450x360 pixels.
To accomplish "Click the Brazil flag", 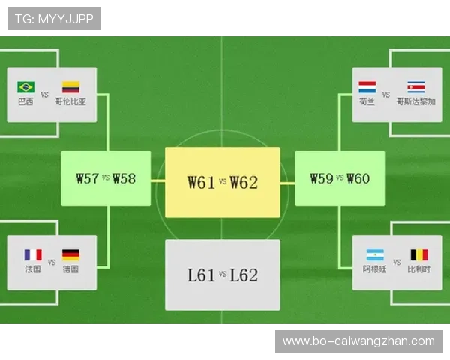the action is pos(25,87).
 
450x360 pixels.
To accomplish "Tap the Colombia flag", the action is pos(71,87).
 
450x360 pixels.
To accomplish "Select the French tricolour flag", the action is pos(33,255).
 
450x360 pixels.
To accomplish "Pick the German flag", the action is pos(71,255).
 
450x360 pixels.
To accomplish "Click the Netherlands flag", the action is pos(367,87).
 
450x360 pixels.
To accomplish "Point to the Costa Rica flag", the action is pos(416,87).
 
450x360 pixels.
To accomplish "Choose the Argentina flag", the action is pos(375,255).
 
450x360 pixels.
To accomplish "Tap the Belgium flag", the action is pos(419,255).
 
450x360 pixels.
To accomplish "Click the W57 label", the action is pos(88,178).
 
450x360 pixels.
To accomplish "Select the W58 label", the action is pos(124,178).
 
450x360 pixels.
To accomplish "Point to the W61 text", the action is pos(202,182).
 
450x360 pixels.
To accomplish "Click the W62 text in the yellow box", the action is pos(244,182).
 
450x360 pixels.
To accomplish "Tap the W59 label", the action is pos(322,178).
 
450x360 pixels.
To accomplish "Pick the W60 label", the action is pos(358,178).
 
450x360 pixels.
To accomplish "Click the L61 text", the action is pos(202,275).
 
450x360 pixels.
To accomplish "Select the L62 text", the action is pos(244,275).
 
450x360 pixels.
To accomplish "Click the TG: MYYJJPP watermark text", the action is pos(54,19).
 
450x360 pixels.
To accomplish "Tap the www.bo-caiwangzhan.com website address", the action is pos(358,341).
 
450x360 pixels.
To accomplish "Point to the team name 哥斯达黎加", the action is pos(416,101).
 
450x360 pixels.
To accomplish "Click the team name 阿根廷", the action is pos(374,269).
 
